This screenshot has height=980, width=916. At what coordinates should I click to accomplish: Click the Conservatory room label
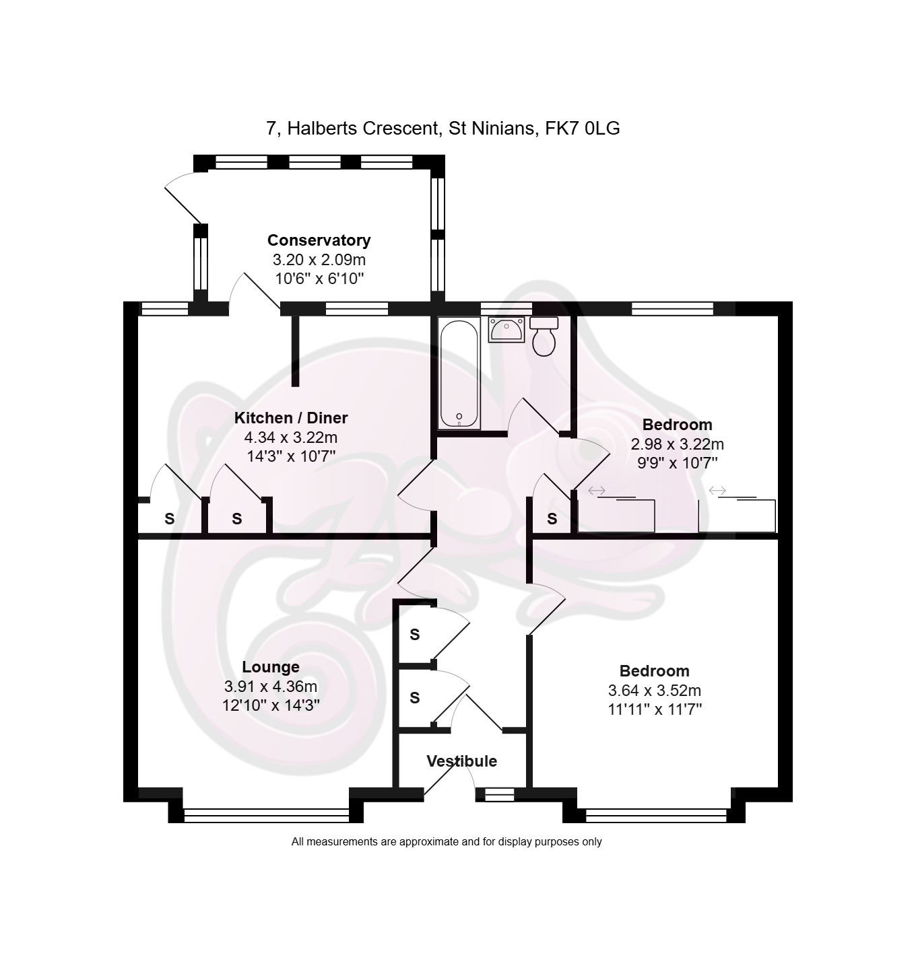(319, 240)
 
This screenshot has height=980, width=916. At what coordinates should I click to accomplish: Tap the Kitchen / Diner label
(291, 418)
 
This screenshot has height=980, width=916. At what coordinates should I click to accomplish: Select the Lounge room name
(271, 667)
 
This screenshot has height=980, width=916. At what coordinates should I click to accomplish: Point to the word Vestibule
(461, 761)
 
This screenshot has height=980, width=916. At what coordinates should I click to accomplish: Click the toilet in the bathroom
(544, 336)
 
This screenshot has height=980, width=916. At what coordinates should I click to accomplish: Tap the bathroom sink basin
(506, 329)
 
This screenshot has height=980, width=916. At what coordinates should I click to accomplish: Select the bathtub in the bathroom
(459, 373)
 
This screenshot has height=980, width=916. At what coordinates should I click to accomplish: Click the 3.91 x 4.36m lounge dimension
(271, 687)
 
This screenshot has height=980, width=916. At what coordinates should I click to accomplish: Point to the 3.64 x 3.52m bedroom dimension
(655, 691)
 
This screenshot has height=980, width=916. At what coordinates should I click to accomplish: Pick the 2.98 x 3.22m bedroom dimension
(678, 444)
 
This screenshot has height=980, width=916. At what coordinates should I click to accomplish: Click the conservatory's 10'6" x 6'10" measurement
(319, 279)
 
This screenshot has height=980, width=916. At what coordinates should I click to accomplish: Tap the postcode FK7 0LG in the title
(582, 129)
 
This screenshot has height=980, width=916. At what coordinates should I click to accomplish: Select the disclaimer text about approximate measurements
(447, 842)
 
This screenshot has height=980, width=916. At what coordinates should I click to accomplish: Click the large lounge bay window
(267, 814)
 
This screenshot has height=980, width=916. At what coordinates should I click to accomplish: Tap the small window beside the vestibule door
(499, 794)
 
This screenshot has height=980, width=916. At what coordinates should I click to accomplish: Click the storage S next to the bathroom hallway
(552, 519)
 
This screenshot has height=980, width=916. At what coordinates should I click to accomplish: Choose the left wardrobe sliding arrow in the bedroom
(597, 491)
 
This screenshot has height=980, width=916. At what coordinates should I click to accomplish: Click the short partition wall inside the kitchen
(295, 351)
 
